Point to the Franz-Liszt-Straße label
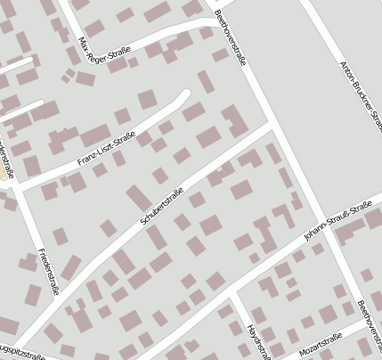[x=106, y=149]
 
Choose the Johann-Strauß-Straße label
[x=337, y=222]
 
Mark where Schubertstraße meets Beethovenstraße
[x=271, y=127]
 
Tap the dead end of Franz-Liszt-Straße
[x=187, y=92]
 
